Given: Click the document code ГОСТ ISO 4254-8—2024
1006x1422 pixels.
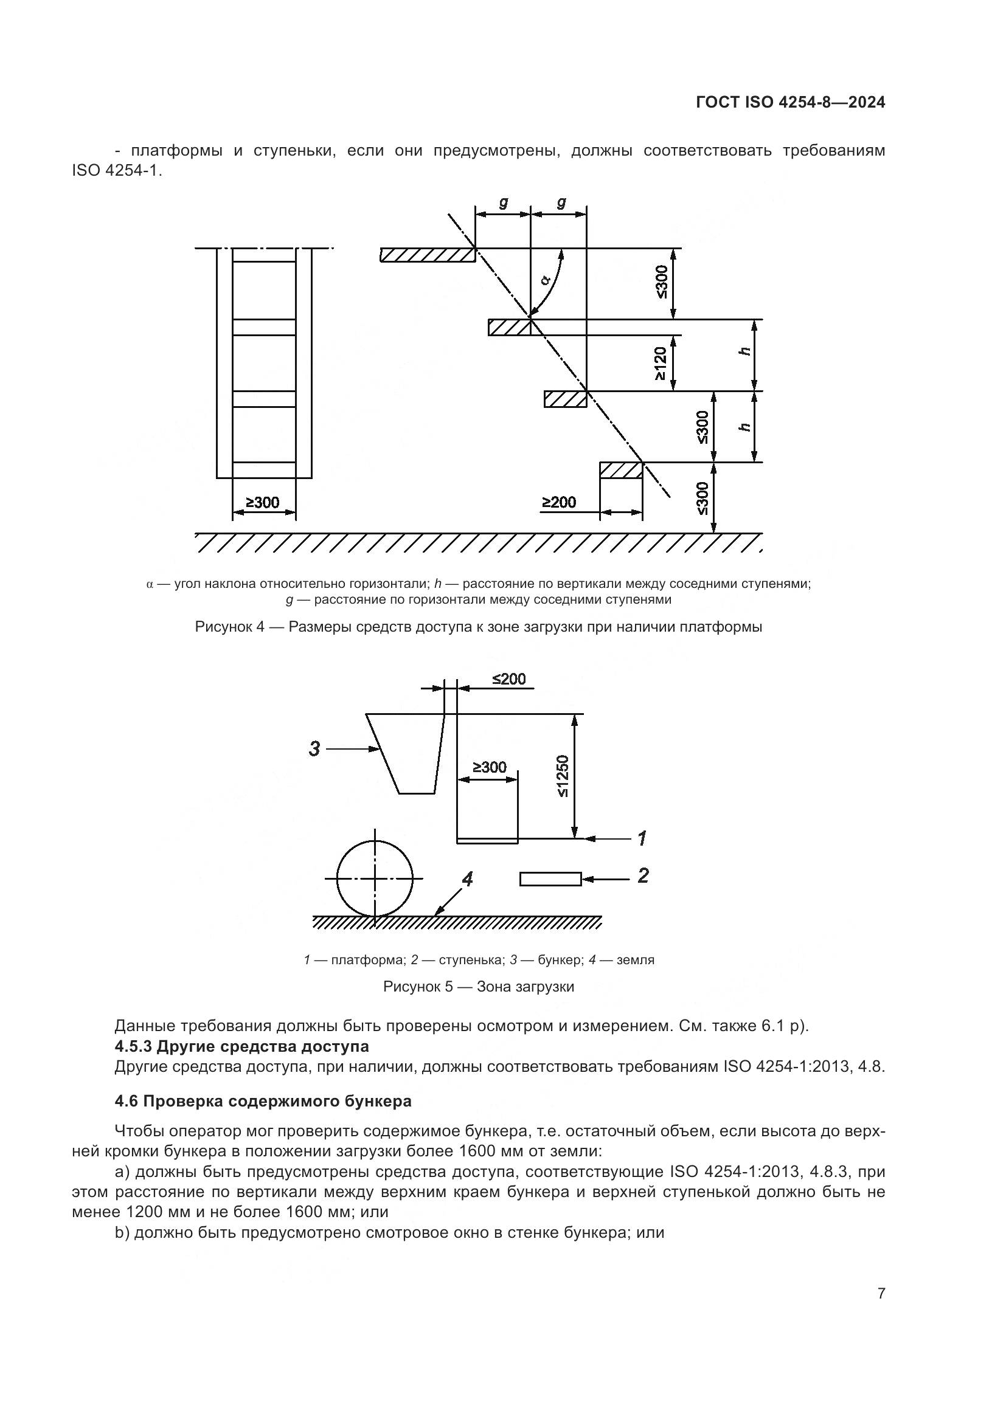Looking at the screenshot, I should [x=791, y=103].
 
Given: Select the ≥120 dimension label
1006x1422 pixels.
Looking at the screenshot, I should [x=661, y=363].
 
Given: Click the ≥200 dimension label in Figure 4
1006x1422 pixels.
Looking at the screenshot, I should [x=560, y=502].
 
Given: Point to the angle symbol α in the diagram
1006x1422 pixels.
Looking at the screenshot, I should [x=546, y=280].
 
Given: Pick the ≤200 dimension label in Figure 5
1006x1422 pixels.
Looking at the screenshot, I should [x=508, y=679].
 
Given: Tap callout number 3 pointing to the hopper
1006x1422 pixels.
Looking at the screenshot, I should [x=314, y=749].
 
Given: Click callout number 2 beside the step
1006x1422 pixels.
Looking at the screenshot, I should [x=643, y=875].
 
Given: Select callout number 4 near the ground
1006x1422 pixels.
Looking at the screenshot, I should [x=468, y=878].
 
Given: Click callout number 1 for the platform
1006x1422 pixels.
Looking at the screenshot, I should [x=642, y=838].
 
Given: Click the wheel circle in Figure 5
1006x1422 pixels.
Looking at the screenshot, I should [x=375, y=878].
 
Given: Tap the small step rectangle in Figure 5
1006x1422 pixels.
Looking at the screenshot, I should [x=550, y=879].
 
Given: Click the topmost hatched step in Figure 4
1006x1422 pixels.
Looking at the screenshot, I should [x=428, y=255].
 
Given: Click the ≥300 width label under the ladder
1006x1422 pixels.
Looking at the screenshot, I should [x=263, y=502].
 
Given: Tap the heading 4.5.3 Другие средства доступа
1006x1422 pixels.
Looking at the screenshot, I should [x=241, y=1047].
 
